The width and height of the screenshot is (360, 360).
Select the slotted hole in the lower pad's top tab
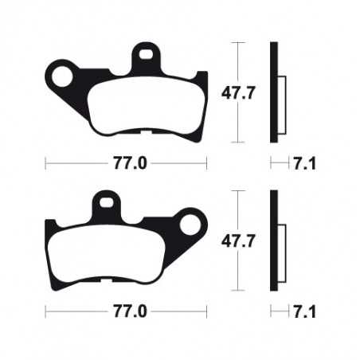click(x=107, y=204)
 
